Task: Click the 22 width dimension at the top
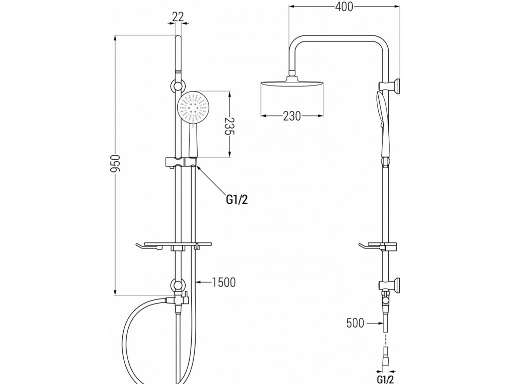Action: [178, 17]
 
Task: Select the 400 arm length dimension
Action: [344, 7]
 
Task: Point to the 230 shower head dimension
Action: [292, 116]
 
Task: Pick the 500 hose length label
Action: [356, 323]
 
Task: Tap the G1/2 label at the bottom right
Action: [385, 378]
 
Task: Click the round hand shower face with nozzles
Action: [193, 106]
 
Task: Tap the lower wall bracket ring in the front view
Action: [178, 286]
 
